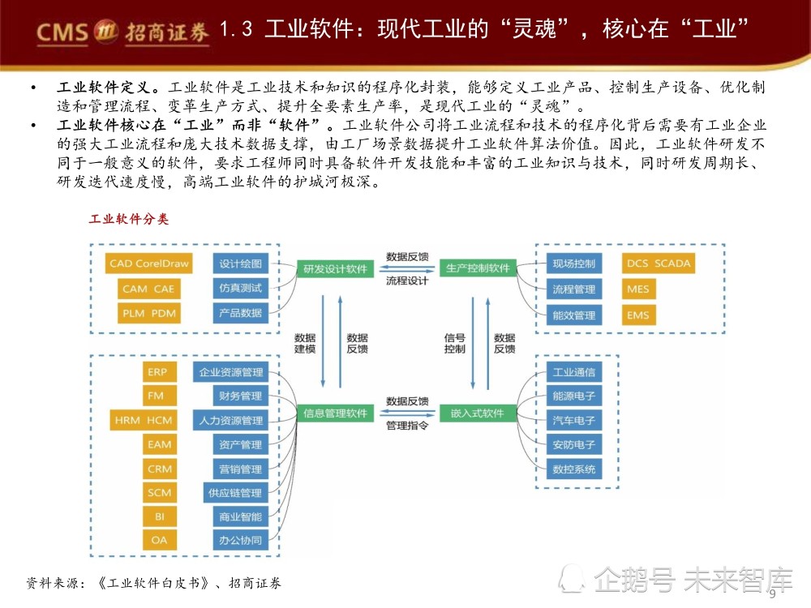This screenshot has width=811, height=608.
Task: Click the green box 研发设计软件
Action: [335, 268]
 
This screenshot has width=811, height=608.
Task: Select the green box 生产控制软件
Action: [478, 268]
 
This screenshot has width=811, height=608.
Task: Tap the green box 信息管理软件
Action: [335, 413]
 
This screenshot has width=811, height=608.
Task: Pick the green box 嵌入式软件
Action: [478, 413]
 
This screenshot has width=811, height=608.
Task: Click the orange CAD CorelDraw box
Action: [149, 263]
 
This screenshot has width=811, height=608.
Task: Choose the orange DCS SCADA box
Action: [659, 263]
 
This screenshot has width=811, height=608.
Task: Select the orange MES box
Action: [638, 289]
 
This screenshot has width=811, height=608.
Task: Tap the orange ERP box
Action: [159, 372]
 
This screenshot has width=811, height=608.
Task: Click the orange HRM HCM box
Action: [144, 420]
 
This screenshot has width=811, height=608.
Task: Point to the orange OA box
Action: [159, 540]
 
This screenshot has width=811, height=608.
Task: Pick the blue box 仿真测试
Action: [241, 288]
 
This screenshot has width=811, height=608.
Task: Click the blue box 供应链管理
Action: [235, 493]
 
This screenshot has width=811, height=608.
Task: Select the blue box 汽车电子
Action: [574, 420]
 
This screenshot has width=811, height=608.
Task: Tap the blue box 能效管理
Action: [574, 315]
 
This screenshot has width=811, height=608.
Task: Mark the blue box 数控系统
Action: [574, 469]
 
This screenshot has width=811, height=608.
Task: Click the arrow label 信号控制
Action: [455, 343]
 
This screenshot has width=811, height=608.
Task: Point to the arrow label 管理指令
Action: [407, 426]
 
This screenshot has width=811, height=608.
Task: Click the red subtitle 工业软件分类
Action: [129, 219]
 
